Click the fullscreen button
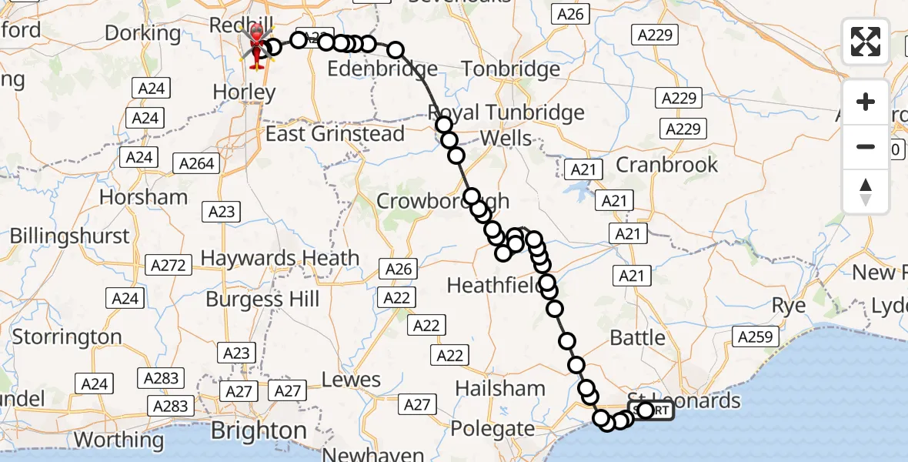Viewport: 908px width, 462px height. [866, 42]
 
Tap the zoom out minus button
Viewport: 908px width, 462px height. [866, 146]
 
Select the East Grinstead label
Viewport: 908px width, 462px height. [335, 134]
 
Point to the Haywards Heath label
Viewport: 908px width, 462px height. [280, 258]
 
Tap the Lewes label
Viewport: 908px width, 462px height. [351, 380]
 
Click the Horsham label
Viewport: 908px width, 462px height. [143, 197]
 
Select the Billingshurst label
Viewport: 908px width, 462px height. [70, 236]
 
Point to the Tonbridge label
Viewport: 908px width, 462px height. [512, 69]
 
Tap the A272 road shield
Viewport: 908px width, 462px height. [169, 266]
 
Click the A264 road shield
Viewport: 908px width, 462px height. [197, 163]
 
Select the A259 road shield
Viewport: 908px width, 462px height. [758, 336]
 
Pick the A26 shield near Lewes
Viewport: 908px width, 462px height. [399, 269]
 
